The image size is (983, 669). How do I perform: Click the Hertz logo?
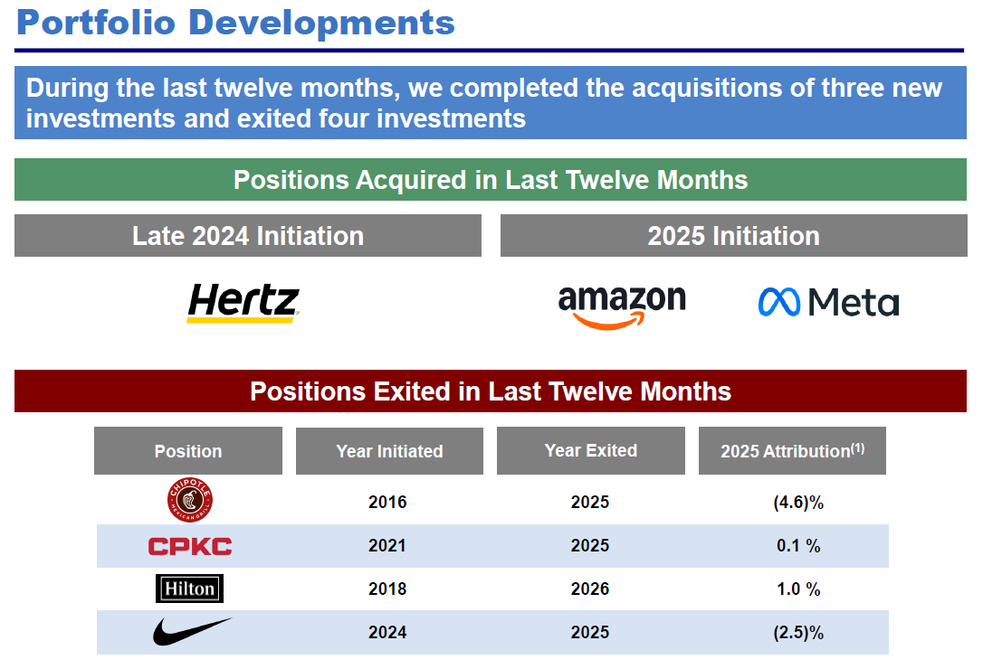pyautogui.click(x=243, y=303)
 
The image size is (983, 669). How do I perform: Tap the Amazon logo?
pyautogui.click(x=622, y=307)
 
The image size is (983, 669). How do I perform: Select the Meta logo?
pyautogui.click(x=828, y=302)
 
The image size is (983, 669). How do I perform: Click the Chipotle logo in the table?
pyautogui.click(x=190, y=500)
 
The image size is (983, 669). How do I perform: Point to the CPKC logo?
pyautogui.click(x=190, y=546)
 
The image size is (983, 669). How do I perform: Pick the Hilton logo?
pyautogui.click(x=189, y=589)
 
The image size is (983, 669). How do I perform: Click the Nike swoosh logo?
pyautogui.click(x=192, y=631)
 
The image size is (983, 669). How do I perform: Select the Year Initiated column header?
pyautogui.click(x=389, y=451)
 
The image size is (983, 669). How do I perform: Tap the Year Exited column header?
pyautogui.click(x=590, y=450)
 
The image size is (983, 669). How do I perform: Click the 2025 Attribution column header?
pyautogui.click(x=792, y=450)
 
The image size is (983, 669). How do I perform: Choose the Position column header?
pyautogui.click(x=188, y=451)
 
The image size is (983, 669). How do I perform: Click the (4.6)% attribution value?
pyautogui.click(x=798, y=503)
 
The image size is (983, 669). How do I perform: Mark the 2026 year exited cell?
pyautogui.click(x=590, y=589)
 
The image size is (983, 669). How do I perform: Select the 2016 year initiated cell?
pyautogui.click(x=387, y=502)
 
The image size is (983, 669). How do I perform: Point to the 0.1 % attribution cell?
pyautogui.click(x=798, y=546)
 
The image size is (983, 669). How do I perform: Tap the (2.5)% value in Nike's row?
pyautogui.click(x=798, y=633)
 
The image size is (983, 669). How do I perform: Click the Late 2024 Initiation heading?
pyautogui.click(x=248, y=236)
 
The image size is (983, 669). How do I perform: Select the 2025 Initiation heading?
pyautogui.click(x=733, y=236)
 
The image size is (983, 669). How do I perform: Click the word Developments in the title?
pyautogui.click(x=321, y=24)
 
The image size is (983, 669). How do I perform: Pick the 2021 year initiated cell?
pyautogui.click(x=387, y=545)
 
